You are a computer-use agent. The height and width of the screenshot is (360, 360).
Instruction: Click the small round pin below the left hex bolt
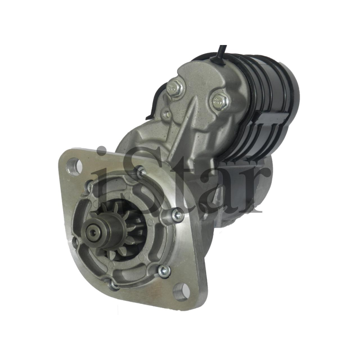click(x=168, y=113)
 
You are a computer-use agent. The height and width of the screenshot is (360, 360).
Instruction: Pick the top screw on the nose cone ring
click(x=141, y=172)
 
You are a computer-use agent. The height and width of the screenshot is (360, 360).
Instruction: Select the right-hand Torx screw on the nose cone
click(x=177, y=215)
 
